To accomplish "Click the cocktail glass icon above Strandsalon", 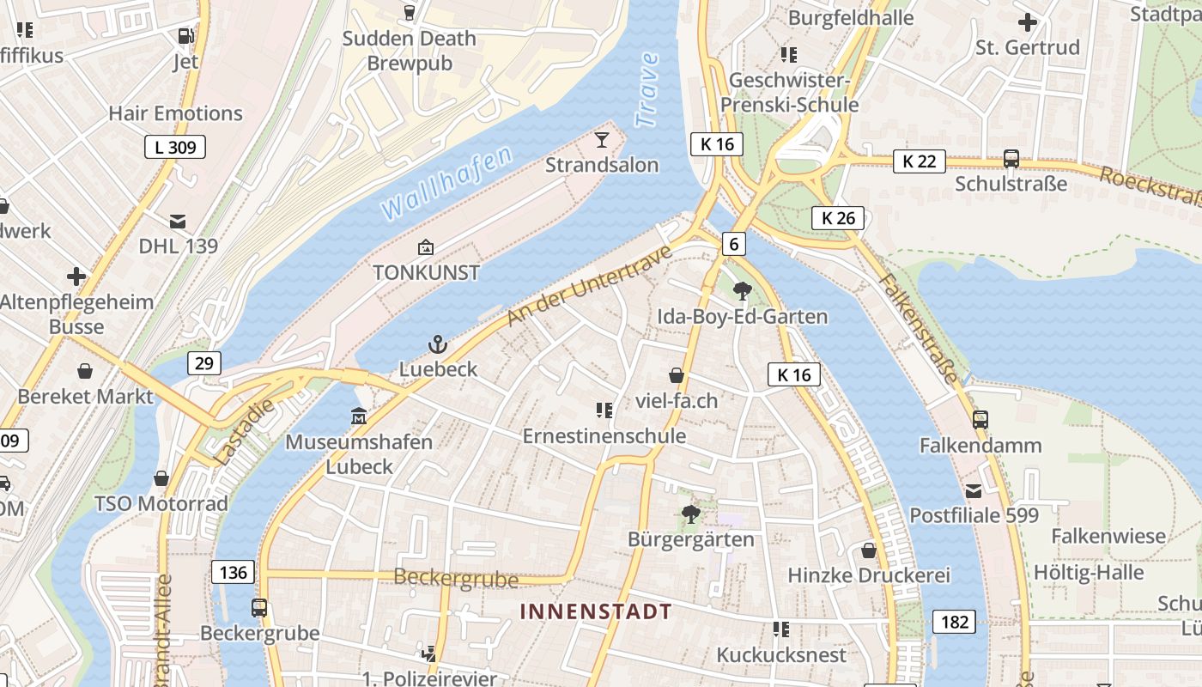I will point(602,139).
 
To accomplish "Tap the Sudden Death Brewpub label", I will point(410,51).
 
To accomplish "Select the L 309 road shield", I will point(175,148).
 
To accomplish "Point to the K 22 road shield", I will point(919,161).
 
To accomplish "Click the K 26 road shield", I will point(838,218).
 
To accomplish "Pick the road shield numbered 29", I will point(203,363).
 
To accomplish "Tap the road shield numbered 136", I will point(233,572).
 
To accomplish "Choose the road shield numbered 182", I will point(955,622).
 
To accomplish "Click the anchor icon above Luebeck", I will point(438,345).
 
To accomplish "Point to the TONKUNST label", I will point(426,273).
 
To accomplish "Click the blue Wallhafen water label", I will point(446,182).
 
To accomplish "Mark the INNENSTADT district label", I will point(596,611).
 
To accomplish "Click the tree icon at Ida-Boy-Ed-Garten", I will point(743,291).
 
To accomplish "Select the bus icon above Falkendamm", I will point(980,420).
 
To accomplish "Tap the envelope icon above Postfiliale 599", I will point(974,491).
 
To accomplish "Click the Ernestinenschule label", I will point(604,435).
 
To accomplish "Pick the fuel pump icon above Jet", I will point(185,36).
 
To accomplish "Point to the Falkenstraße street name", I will point(919,328).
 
